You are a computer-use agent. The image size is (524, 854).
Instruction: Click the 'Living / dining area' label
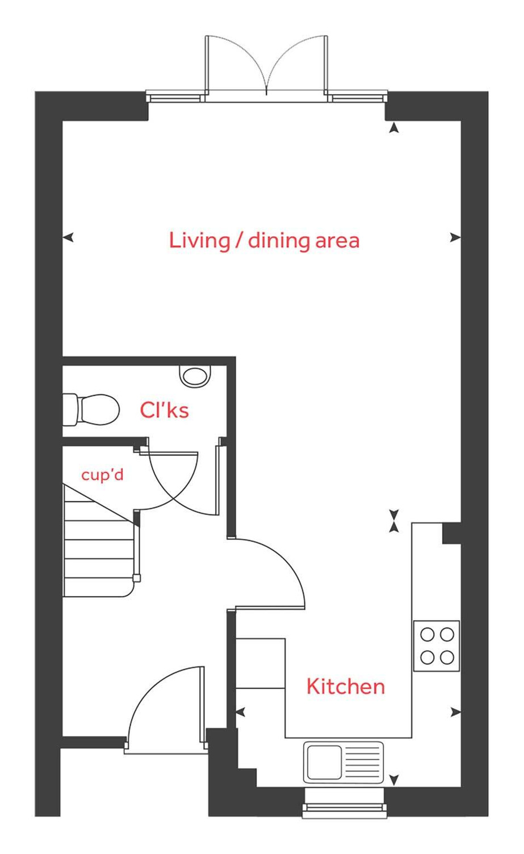click(x=264, y=240)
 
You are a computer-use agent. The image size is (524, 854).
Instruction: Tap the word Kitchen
click(x=345, y=686)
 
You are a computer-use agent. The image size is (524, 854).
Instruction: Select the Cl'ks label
click(x=164, y=409)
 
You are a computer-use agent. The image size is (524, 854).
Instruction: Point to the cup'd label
click(x=102, y=474)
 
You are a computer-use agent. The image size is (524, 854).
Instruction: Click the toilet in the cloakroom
click(x=94, y=409)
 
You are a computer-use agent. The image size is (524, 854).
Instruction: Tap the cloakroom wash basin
click(x=195, y=375)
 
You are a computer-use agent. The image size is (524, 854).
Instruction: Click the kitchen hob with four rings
click(x=436, y=646)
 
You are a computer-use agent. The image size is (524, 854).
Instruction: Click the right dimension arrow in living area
click(x=455, y=237)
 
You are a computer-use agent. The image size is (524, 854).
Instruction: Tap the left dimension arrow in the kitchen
click(x=240, y=711)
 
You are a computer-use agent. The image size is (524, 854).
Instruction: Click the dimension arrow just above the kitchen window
click(x=393, y=779)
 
